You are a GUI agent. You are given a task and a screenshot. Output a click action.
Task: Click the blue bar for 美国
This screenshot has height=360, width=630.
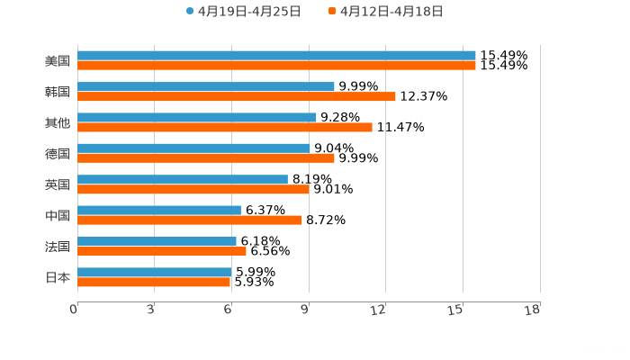tap(276, 56)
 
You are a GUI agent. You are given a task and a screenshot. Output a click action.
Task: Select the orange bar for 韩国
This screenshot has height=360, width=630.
tap(237, 96)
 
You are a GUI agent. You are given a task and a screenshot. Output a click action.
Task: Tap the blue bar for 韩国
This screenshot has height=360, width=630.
tap(206, 86)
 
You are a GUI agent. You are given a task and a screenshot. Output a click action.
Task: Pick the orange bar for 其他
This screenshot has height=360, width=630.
tap(225, 127)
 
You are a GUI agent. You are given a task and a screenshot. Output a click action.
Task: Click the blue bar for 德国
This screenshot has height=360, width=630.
tap(193, 148)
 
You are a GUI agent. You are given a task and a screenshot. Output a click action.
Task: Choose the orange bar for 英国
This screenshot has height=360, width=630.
tap(193, 189)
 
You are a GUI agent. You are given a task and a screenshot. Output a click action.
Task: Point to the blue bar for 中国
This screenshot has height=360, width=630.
tap(159, 211)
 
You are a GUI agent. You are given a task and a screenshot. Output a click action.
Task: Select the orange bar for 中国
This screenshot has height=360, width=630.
tap(190, 220)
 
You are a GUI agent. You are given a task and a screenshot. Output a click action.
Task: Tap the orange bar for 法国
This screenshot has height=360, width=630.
tap(162, 251)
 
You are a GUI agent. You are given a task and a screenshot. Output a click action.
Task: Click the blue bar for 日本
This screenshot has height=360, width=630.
tap(155, 272)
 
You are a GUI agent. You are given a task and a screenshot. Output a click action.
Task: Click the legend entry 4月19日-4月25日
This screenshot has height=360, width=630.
tap(243, 12)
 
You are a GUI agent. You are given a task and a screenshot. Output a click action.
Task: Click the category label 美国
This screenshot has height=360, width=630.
tap(58, 61)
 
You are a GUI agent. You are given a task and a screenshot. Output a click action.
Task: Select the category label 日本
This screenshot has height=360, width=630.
tap(58, 277)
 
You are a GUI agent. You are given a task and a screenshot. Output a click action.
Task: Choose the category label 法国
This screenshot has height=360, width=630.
tap(58, 247)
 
